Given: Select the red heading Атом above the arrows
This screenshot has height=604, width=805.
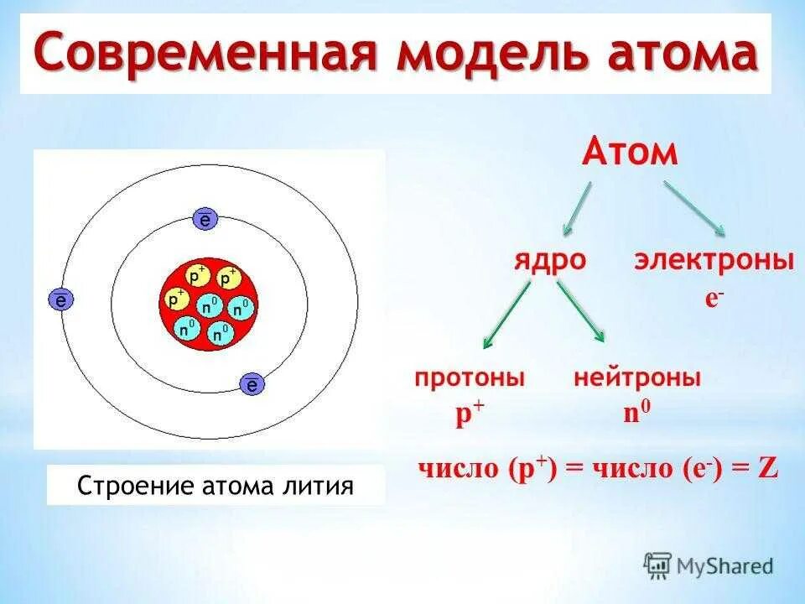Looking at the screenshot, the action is (630, 152).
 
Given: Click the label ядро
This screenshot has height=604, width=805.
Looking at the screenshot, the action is (550, 262).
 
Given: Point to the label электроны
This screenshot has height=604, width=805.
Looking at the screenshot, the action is (714, 260).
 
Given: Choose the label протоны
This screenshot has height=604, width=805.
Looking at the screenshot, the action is (470, 379).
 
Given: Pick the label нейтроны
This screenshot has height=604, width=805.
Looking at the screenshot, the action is (637, 378).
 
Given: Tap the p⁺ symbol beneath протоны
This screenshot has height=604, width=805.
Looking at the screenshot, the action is (470, 414).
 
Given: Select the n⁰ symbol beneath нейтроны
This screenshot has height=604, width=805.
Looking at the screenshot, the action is (637, 411).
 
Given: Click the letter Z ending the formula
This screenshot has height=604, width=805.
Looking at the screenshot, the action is (768, 468).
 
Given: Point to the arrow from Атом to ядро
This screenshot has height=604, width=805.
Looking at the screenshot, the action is (577, 209).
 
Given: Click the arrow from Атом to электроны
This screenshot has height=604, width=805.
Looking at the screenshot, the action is (694, 208).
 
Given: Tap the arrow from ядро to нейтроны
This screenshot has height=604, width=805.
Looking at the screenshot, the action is (580, 310).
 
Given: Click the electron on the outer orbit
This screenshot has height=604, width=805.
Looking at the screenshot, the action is (60, 299).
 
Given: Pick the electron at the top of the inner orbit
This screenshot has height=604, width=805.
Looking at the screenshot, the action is (205, 220).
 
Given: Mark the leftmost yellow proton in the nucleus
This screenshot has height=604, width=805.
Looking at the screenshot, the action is (176, 299).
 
